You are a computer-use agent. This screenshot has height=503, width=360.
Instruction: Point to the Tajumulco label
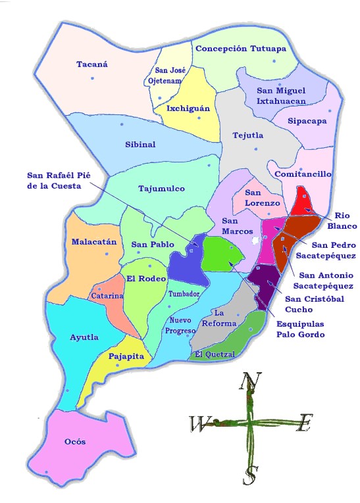point(161,189)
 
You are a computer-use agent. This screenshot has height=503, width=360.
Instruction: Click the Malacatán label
point(94,241)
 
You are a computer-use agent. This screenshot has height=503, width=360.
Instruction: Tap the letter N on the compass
point(248,381)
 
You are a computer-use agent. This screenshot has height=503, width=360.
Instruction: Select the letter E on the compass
point(303,424)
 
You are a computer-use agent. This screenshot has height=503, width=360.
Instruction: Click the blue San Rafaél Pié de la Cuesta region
point(188,260)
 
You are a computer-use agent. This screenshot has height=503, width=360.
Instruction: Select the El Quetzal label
point(215,355)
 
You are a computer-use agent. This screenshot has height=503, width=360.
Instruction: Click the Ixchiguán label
point(188,108)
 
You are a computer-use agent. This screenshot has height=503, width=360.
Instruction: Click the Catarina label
point(107,296)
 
